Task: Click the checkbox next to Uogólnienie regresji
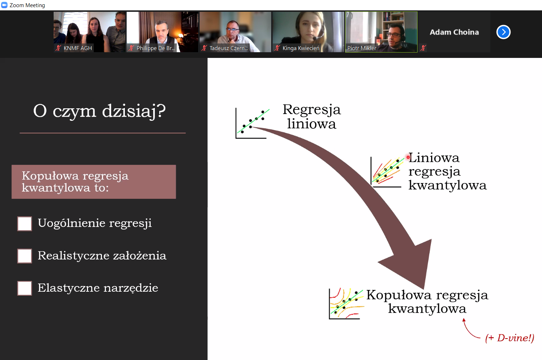click(24, 224)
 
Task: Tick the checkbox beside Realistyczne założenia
click(24, 256)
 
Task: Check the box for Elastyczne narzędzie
click(24, 288)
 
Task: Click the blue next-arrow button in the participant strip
click(503, 32)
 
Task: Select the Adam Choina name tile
click(454, 32)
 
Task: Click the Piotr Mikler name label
click(362, 48)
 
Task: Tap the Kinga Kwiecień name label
click(301, 48)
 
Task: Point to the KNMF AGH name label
click(78, 48)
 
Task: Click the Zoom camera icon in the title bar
click(4, 5)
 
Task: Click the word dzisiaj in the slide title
click(128, 112)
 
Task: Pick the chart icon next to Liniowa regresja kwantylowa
click(387, 172)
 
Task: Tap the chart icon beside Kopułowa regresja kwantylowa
click(346, 304)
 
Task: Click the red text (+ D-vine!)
click(509, 338)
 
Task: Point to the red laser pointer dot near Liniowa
click(408, 157)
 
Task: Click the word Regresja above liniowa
click(312, 110)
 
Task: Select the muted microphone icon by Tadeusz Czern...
click(204, 48)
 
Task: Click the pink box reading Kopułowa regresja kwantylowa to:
click(94, 182)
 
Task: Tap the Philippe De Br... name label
click(156, 48)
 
